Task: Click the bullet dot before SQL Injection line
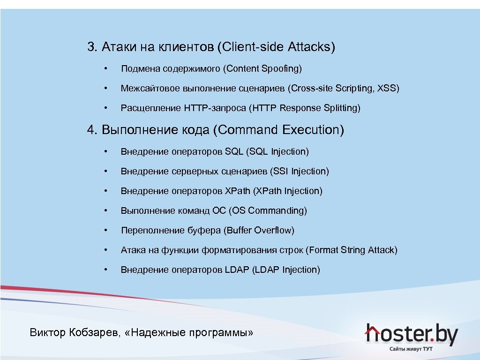coord(107,151)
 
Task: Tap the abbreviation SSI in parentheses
coord(280,171)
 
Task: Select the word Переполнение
coord(147,230)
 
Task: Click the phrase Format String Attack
coord(352,250)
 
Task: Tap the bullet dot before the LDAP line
coord(107,270)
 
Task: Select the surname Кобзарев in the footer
coord(97,333)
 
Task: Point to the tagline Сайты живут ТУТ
coord(411,349)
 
